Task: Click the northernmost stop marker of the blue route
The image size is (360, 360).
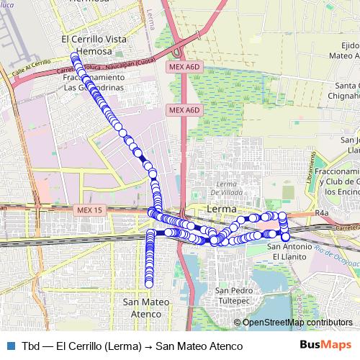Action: pyautogui.click(x=73, y=56)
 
